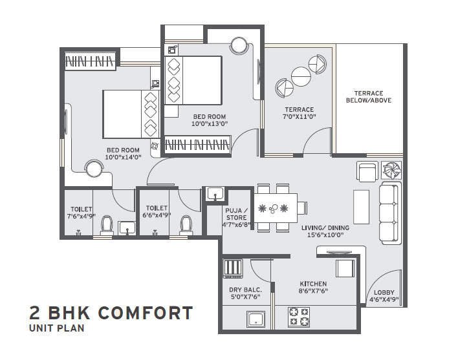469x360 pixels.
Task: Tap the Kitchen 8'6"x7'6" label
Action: click(x=313, y=287)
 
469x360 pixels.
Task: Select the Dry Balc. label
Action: click(x=246, y=290)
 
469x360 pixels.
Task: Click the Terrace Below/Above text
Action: click(x=369, y=97)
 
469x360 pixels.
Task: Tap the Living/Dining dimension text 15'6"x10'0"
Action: click(x=325, y=235)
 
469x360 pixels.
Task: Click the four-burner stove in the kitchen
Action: click(x=298, y=317)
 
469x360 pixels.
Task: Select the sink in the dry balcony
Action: click(x=256, y=319)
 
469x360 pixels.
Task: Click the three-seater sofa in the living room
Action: click(x=390, y=213)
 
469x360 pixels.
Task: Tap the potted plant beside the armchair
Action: click(x=391, y=171)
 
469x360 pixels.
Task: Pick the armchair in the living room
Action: click(x=367, y=171)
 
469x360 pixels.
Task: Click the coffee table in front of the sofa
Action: click(x=362, y=207)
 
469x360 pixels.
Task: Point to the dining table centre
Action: click(x=276, y=208)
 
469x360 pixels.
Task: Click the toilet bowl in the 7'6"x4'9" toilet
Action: click(x=107, y=225)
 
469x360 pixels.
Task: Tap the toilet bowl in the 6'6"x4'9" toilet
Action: click(x=186, y=226)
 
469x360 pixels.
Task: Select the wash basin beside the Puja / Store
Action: click(x=215, y=194)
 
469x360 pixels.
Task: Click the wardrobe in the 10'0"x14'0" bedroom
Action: click(x=90, y=61)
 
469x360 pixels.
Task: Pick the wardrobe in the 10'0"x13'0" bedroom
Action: click(x=197, y=145)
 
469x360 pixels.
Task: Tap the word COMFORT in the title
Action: click(x=146, y=313)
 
